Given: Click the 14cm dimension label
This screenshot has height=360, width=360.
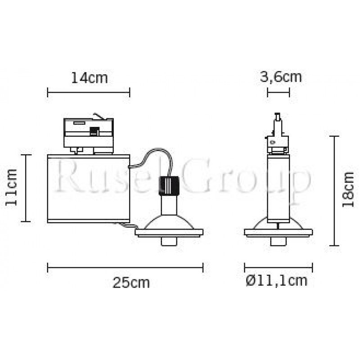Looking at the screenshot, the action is click(89, 78).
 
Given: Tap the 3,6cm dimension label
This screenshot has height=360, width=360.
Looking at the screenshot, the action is click(280, 77).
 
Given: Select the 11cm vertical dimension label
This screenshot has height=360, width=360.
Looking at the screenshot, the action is click(12, 187).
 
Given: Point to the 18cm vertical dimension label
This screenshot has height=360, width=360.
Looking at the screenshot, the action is click(348, 189).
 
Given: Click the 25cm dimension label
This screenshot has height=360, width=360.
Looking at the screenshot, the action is click(131, 283).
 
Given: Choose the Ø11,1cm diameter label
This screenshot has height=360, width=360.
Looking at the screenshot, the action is click(276, 281).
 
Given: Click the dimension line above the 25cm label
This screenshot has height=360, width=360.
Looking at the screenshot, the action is click(126, 267).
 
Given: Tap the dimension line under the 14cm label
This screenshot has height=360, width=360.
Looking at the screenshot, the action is click(89, 92).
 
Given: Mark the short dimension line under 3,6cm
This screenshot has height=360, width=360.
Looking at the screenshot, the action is click(279, 92).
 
